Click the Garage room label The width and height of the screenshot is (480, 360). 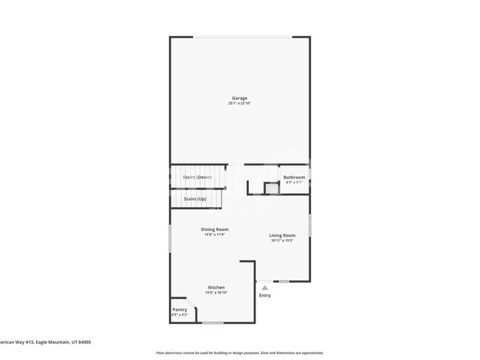[x=239, y=98]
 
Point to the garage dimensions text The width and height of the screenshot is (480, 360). [x=239, y=103]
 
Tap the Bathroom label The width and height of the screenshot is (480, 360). [x=295, y=177]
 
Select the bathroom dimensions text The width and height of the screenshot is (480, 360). [x=295, y=182]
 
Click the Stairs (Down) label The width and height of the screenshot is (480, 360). [x=197, y=177]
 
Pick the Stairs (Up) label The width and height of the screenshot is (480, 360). [x=195, y=198]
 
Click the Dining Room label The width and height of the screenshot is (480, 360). [x=214, y=229]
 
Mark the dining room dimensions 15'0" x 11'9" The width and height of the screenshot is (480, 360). [x=214, y=235]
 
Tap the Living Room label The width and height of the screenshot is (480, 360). [x=282, y=235]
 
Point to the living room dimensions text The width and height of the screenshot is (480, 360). [x=282, y=240]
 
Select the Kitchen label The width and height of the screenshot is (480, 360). [x=216, y=287]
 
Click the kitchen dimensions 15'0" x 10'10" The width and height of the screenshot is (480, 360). [x=216, y=292]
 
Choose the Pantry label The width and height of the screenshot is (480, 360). [x=179, y=309]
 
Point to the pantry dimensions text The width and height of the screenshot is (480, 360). [x=179, y=314]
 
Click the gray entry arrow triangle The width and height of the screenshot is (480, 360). [x=264, y=288]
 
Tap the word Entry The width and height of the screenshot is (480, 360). [x=264, y=296]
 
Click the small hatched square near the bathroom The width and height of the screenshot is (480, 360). [x=272, y=188]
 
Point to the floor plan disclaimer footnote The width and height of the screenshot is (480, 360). [x=239, y=353]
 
